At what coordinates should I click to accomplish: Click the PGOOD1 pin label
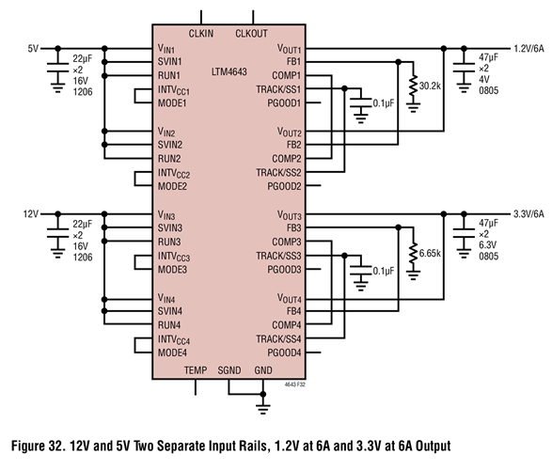[x=283, y=102]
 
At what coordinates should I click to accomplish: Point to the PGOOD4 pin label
[x=283, y=352]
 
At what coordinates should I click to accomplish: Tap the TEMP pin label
[x=196, y=370]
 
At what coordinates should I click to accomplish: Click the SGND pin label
[x=230, y=370]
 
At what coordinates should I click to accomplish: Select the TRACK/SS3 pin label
[x=278, y=255]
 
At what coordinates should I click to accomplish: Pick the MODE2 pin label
[x=172, y=186]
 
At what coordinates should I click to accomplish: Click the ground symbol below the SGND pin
[x=263, y=405]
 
